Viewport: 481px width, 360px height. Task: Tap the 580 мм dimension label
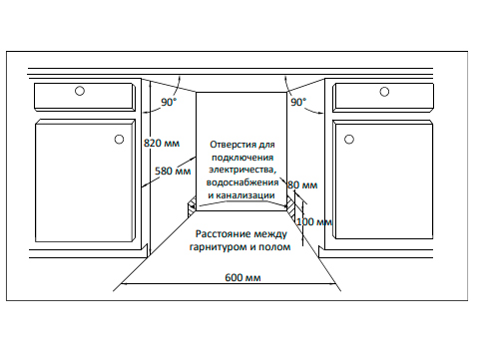pos(173,171)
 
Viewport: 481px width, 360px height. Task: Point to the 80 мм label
pos(302,185)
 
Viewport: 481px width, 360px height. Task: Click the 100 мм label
pos(313,220)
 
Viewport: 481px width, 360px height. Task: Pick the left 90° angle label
pos(169,103)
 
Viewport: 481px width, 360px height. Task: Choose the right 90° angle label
pos(298,103)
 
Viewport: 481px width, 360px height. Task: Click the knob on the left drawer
pos(79,93)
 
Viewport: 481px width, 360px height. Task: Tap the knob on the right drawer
pos(384,93)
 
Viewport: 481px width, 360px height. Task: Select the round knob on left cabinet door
pos(119,139)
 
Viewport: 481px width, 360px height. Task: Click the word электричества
pos(241,171)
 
